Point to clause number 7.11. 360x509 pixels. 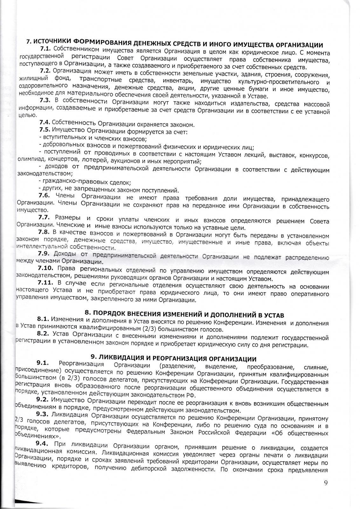tap(45, 282)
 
